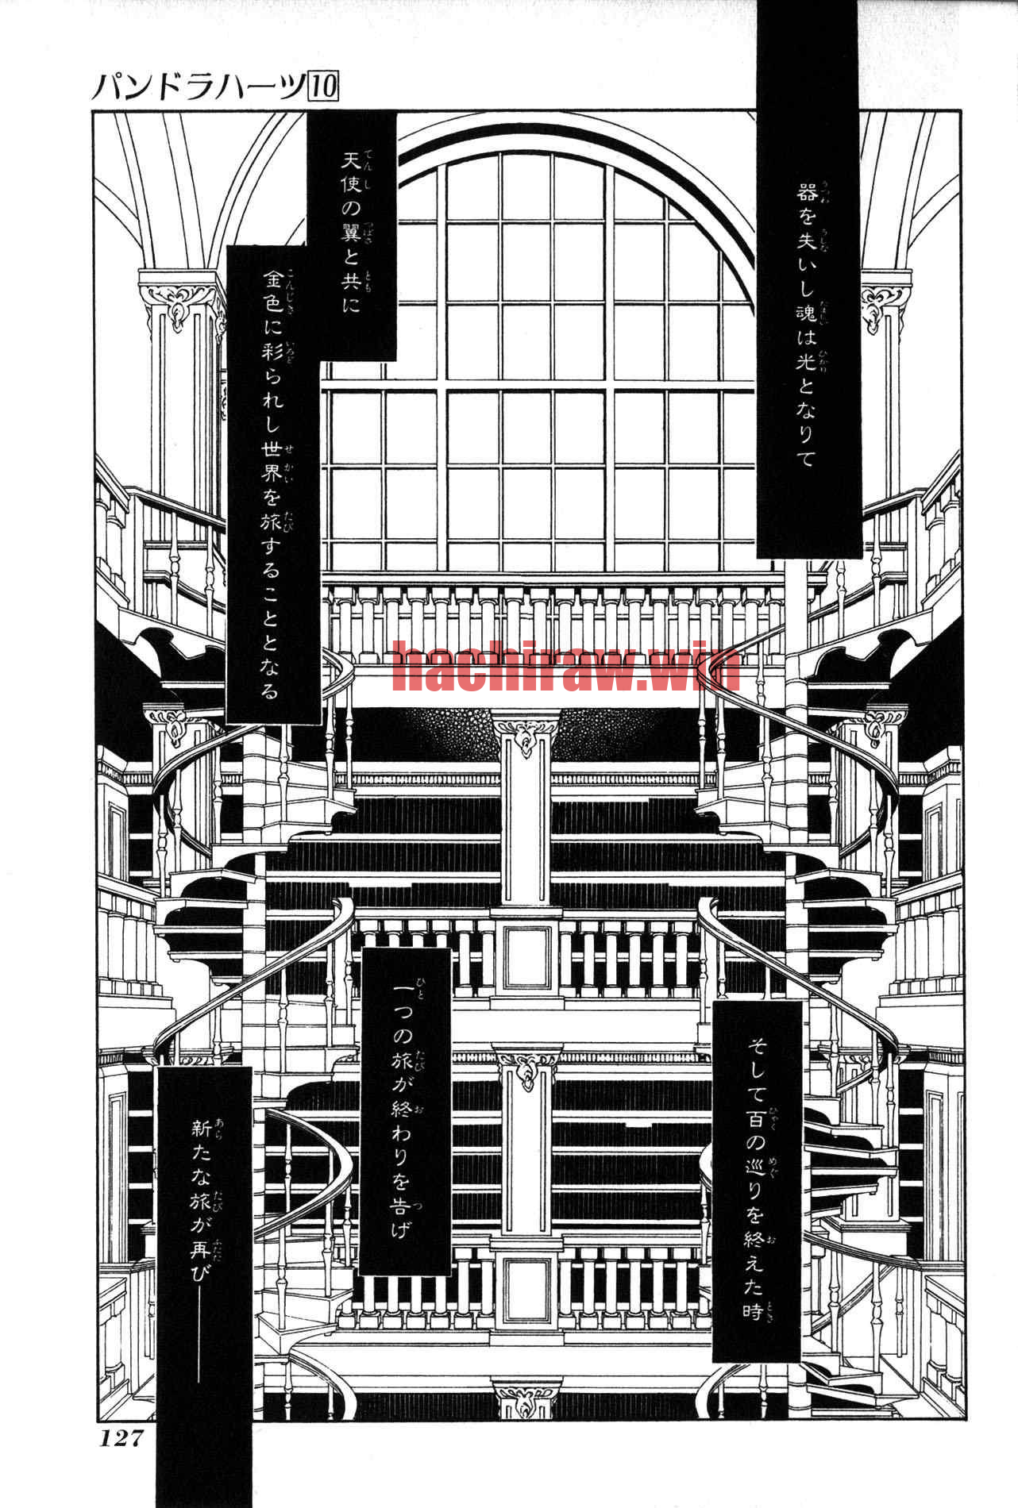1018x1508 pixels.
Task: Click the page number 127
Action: [x=121, y=1437]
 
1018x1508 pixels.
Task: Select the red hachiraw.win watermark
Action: [x=566, y=669]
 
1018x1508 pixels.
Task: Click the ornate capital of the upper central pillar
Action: [x=525, y=734]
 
